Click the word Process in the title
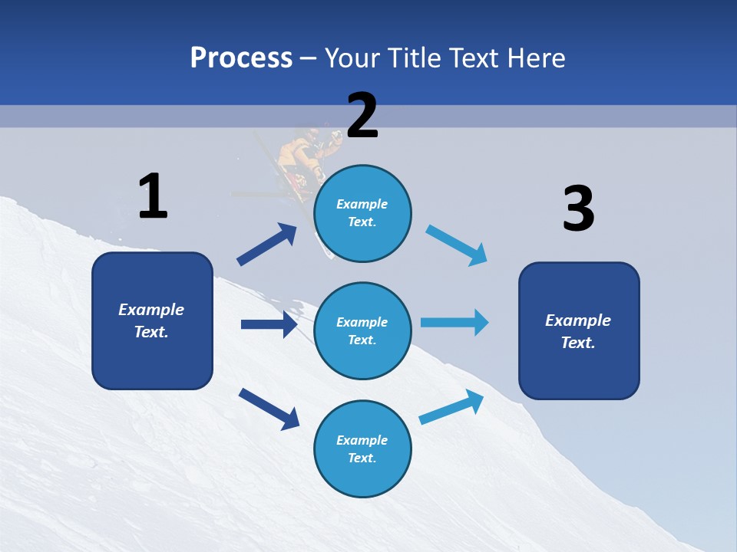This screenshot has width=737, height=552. (241, 58)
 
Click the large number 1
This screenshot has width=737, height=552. (153, 196)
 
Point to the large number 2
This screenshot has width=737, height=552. (362, 116)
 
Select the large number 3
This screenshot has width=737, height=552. (578, 209)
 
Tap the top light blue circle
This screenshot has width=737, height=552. (362, 213)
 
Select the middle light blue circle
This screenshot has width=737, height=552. (362, 330)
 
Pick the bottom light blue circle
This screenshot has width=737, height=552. (362, 449)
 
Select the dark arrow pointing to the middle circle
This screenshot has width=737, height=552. (269, 324)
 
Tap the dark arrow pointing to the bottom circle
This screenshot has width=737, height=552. (269, 408)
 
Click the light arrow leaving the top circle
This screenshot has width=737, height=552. (457, 245)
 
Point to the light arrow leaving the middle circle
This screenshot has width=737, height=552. (454, 322)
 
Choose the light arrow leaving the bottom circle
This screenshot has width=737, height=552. (451, 407)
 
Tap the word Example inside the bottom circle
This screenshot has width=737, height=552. (362, 440)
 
